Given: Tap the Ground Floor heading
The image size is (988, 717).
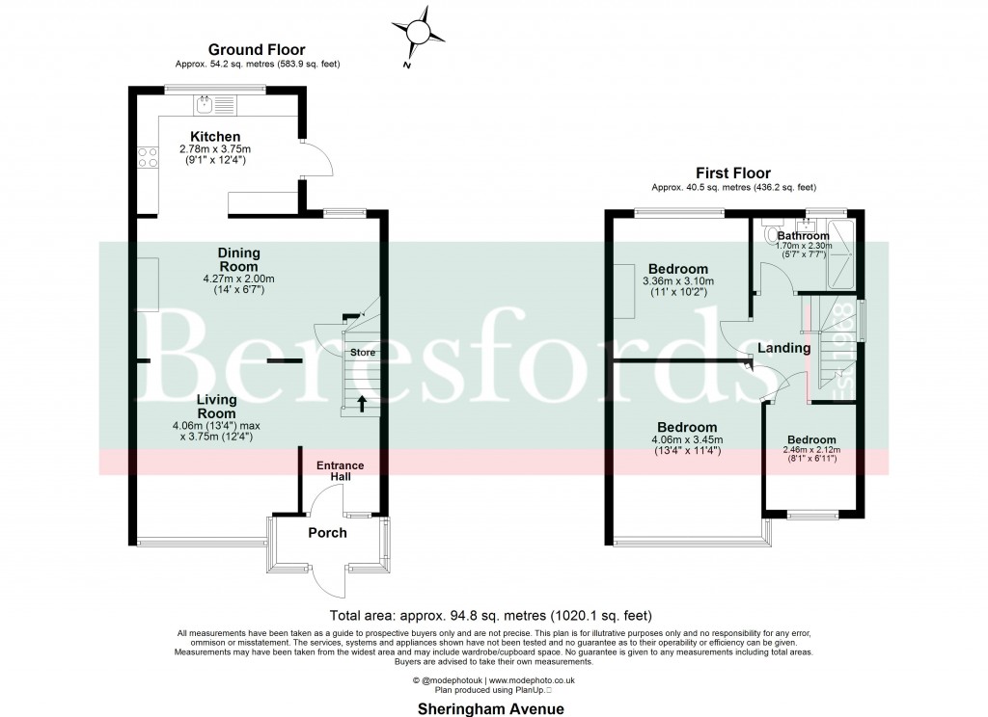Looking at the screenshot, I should click(x=257, y=49).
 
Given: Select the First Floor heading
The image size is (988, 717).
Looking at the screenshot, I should click(x=733, y=173).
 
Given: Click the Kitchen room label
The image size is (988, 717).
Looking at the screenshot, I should click(x=215, y=137).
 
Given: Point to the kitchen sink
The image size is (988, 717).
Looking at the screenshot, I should click(x=205, y=102).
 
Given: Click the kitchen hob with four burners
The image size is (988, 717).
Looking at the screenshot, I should click(x=148, y=157).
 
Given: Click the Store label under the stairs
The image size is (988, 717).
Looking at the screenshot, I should click(x=362, y=353).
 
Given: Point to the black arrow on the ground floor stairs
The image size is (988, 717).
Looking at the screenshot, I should click(x=363, y=403).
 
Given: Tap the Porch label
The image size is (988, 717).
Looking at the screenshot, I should click(x=327, y=533).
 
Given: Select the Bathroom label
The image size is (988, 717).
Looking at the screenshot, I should click(x=803, y=236).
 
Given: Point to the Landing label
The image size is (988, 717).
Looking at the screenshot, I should click(x=782, y=348).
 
